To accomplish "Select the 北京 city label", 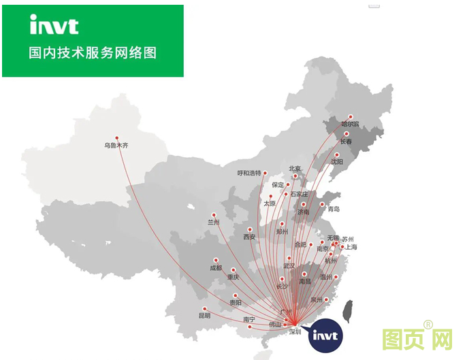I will tap(295, 169).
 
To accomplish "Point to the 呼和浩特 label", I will tap(249, 173).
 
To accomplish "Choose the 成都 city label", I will tap(216, 268).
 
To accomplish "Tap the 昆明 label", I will tap(205, 316).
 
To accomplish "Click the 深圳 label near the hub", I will tap(295, 332).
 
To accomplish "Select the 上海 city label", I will tap(351, 247).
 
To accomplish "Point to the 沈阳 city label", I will tap(337, 162).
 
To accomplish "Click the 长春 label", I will tap(347, 142).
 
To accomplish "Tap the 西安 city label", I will tap(250, 238).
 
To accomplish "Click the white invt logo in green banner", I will tap(54, 25).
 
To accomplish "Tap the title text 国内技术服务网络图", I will tap(93, 52).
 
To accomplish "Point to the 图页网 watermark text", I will tap(417, 339).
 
